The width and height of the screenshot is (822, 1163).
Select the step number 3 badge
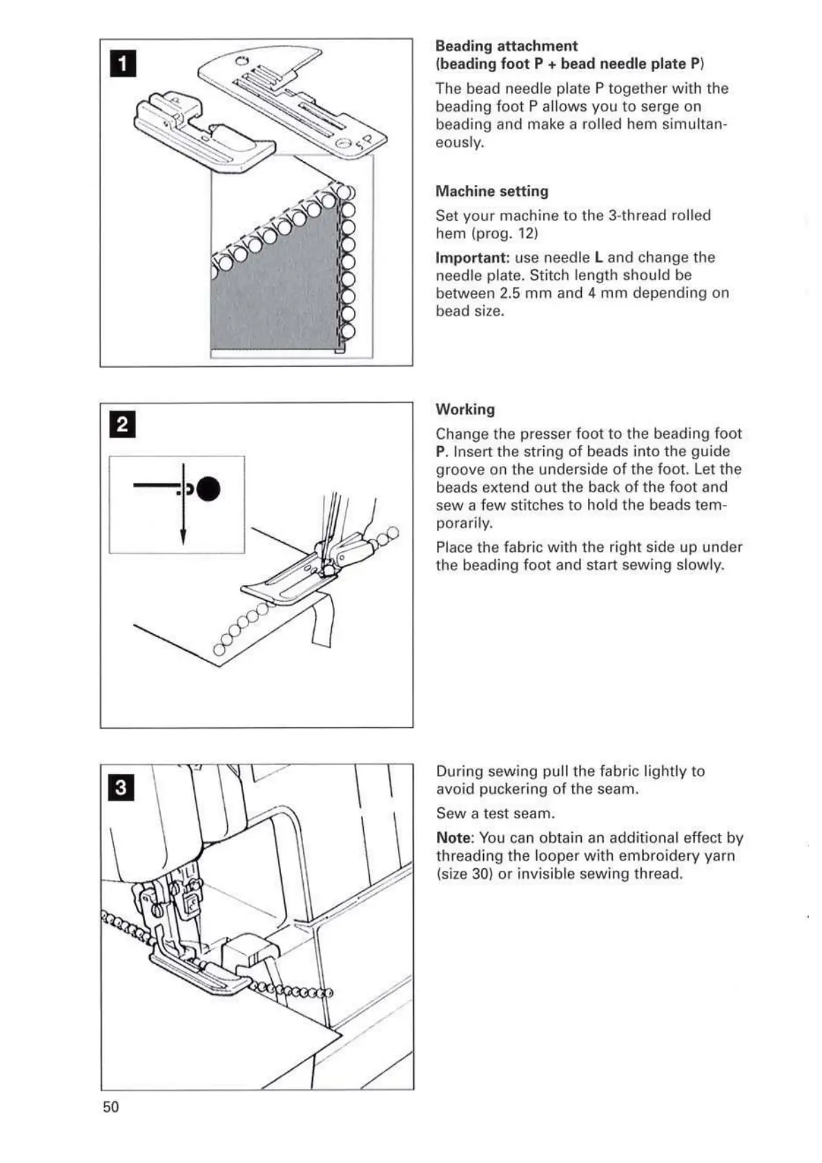(x=121, y=787)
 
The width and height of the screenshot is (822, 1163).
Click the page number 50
(x=110, y=1107)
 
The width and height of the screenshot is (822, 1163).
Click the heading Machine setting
(x=491, y=191)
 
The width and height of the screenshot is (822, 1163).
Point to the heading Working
(x=464, y=409)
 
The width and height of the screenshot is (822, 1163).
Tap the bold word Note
(x=455, y=838)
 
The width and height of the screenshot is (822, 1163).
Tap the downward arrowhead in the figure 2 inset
(x=183, y=537)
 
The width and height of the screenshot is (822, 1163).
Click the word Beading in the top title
(x=464, y=46)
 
